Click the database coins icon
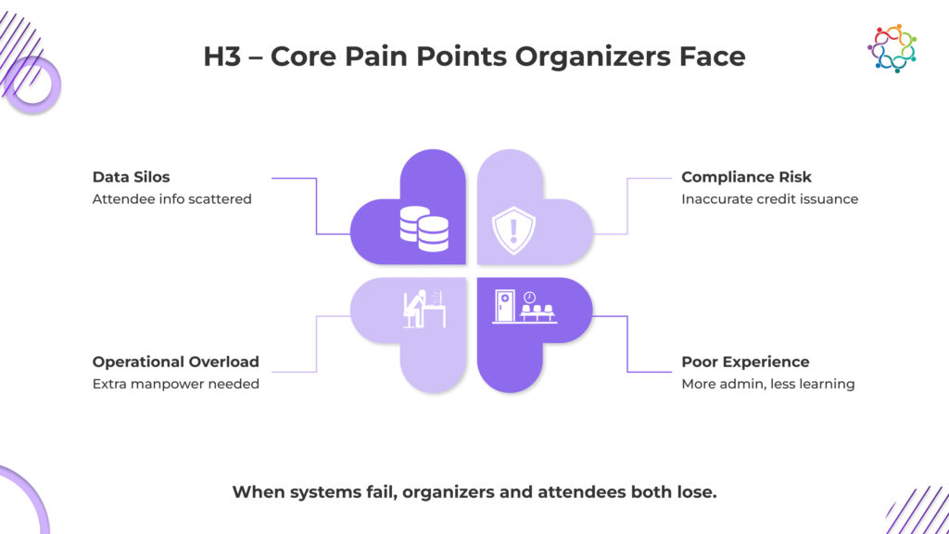(x=424, y=229)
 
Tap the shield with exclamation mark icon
(x=513, y=230)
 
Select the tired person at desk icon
(x=424, y=310)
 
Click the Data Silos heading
(x=130, y=176)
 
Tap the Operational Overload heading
(x=175, y=362)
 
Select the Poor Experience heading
(x=745, y=362)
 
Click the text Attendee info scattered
(x=171, y=198)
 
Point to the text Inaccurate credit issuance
(x=769, y=198)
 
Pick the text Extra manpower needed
(x=175, y=384)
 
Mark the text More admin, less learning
(x=767, y=384)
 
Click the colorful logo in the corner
(x=892, y=48)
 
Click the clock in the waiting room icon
(x=529, y=298)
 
